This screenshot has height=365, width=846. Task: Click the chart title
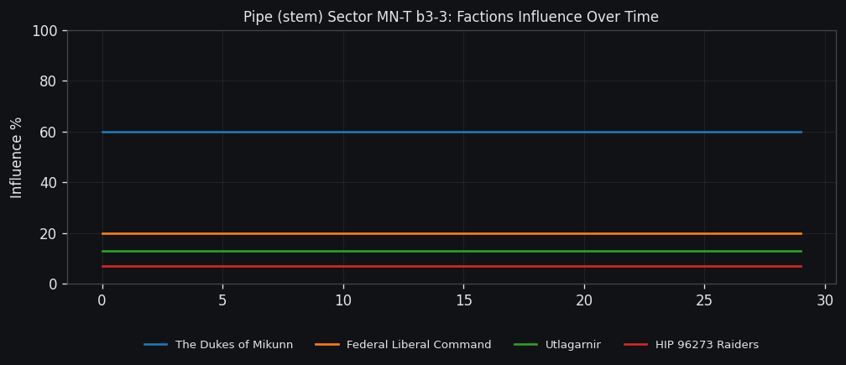click(451, 17)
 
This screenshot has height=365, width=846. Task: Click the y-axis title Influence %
click(17, 157)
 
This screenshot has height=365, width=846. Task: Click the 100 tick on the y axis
click(44, 31)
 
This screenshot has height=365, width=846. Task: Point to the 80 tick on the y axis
click(49, 81)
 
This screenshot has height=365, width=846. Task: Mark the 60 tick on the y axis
click(49, 132)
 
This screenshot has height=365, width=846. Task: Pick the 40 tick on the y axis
click(49, 183)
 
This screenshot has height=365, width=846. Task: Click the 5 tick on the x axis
click(222, 300)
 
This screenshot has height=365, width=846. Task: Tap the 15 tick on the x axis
click(463, 300)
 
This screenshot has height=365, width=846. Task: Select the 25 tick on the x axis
click(704, 300)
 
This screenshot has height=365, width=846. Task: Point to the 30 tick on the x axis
click(825, 300)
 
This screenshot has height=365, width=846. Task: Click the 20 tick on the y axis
click(49, 233)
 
